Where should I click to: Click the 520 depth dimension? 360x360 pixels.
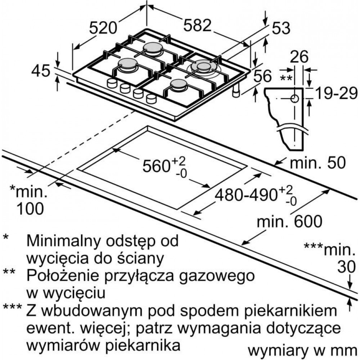103,28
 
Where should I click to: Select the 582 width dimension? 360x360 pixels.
197,25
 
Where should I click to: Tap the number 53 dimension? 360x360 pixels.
281,28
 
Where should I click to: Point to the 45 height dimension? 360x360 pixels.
41,71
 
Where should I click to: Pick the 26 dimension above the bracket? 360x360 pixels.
299,57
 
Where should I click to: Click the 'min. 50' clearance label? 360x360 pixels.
318,163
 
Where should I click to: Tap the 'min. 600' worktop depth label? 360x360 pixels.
290,221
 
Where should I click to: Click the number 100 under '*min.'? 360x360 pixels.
30,208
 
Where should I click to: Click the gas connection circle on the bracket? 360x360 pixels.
294,99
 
